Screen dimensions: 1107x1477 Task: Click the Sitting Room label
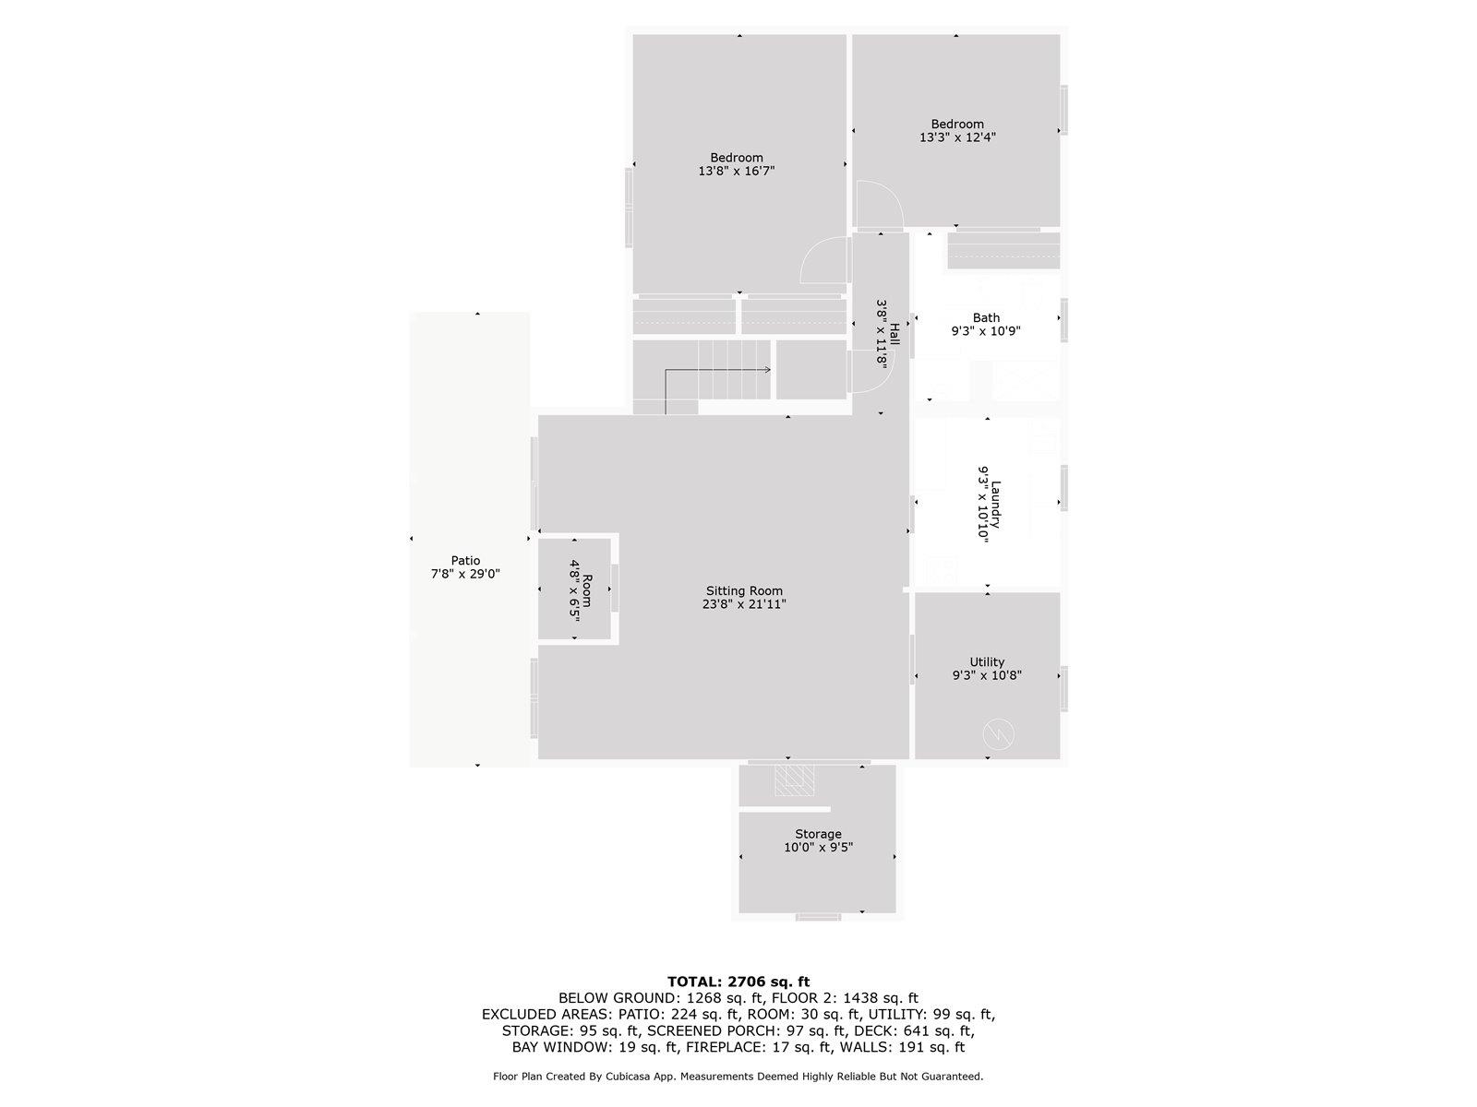tap(744, 591)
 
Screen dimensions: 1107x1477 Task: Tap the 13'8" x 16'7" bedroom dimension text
tap(736, 171)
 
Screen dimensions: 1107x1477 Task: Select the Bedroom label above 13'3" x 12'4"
tap(957, 124)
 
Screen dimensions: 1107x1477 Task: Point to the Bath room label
tap(986, 317)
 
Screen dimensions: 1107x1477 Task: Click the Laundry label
tap(996, 504)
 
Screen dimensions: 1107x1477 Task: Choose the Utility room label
tap(987, 661)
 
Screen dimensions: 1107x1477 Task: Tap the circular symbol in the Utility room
tap(999, 734)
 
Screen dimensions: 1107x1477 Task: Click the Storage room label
tap(818, 834)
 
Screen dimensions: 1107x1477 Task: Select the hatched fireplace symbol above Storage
tap(795, 780)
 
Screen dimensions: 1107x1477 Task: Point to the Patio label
tap(465, 560)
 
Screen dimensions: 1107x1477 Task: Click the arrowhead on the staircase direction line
tap(767, 370)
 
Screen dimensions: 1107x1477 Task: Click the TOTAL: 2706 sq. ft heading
tap(738, 982)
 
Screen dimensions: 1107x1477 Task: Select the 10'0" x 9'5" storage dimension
tap(818, 847)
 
